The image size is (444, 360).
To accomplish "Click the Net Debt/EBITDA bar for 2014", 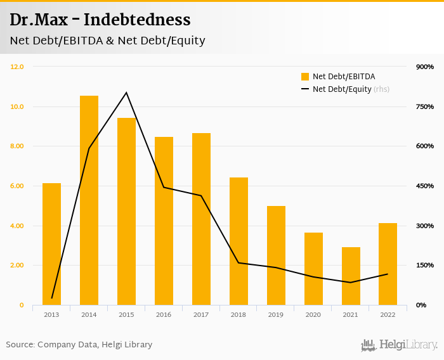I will [89, 200].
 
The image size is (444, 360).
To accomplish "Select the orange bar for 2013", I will [51, 244].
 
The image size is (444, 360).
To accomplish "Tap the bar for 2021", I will [351, 276].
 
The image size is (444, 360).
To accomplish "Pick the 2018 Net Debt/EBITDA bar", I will [238, 241].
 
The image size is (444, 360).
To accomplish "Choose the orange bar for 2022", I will [388, 264].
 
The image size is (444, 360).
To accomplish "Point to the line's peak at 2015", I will [126, 93].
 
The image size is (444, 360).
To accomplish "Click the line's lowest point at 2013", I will [52, 298].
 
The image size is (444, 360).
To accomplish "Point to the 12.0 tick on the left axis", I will [17, 67].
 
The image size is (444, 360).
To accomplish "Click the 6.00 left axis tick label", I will [17, 186].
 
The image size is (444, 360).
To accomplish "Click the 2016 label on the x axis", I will [164, 314].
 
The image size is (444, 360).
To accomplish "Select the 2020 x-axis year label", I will [313, 314].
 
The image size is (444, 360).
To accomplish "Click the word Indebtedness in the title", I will [137, 20].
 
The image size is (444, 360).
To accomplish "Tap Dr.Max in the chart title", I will [36, 20].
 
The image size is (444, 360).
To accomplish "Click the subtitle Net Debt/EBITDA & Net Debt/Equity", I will [107, 41].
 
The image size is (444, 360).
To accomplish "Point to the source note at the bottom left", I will [79, 345].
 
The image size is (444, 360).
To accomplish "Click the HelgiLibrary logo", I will [400, 345].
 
